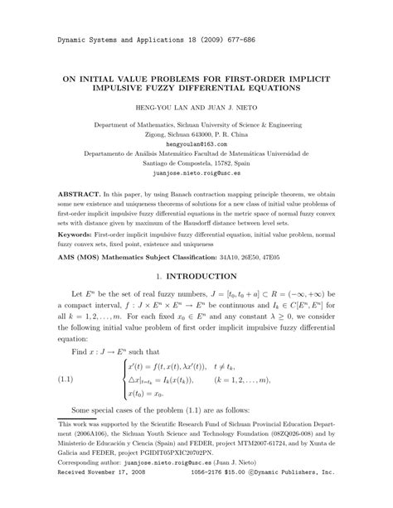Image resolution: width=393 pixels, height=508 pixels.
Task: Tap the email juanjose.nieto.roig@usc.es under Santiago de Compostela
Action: pos(196,176)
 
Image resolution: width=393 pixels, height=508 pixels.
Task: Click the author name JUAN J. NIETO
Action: pos(233,108)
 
